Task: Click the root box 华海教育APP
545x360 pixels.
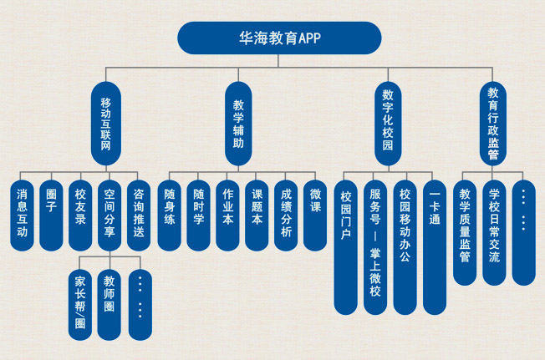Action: [x=279, y=38]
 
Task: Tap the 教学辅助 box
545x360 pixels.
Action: [x=238, y=124]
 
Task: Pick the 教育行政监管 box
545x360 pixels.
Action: [x=494, y=124]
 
